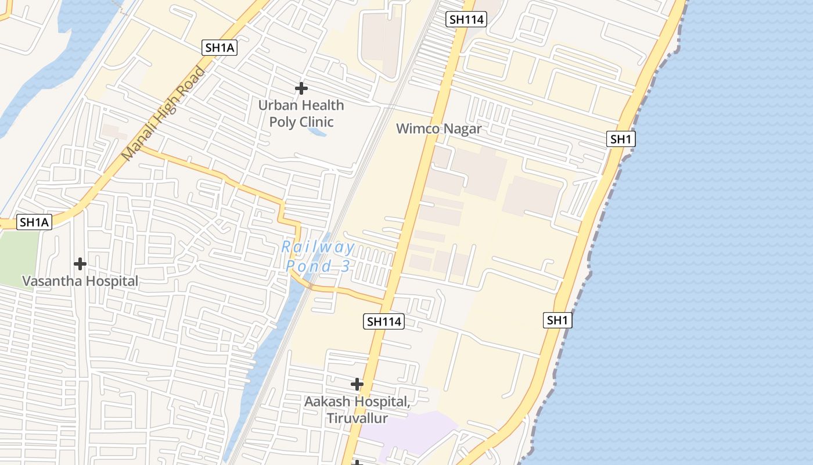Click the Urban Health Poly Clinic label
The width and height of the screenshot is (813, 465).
click(301, 113)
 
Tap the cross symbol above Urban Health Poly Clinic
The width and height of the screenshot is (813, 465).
click(301, 88)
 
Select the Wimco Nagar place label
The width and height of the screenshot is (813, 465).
click(438, 128)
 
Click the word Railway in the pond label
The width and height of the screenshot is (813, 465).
click(318, 247)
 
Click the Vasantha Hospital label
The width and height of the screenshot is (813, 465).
click(80, 281)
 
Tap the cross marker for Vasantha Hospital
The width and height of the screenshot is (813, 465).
click(80, 264)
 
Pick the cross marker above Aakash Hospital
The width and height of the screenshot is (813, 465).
click(357, 384)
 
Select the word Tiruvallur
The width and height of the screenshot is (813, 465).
click(357, 418)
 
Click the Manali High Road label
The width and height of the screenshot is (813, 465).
click(164, 115)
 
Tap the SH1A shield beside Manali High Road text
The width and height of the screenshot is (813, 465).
click(220, 48)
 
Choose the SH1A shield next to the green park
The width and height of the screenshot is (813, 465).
click(35, 222)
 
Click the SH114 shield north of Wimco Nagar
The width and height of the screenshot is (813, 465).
click(467, 19)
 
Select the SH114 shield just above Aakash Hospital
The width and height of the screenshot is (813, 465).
click(384, 321)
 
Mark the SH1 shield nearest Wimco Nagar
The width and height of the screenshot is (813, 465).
click(621, 139)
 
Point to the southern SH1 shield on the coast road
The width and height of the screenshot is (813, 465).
click(557, 320)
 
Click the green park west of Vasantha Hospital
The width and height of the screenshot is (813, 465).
click(17, 256)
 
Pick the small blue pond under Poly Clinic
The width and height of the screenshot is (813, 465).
click(316, 133)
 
